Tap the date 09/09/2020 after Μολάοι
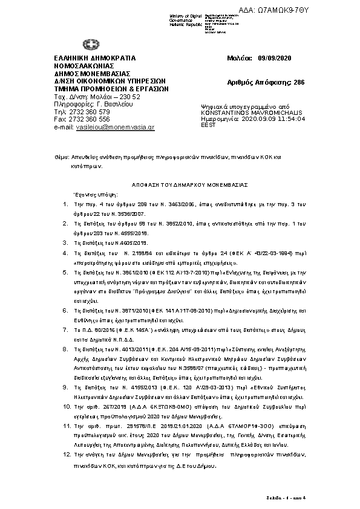(275, 57)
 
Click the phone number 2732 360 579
(90, 112)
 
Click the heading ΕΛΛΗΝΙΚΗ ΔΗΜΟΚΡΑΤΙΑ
(95, 57)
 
